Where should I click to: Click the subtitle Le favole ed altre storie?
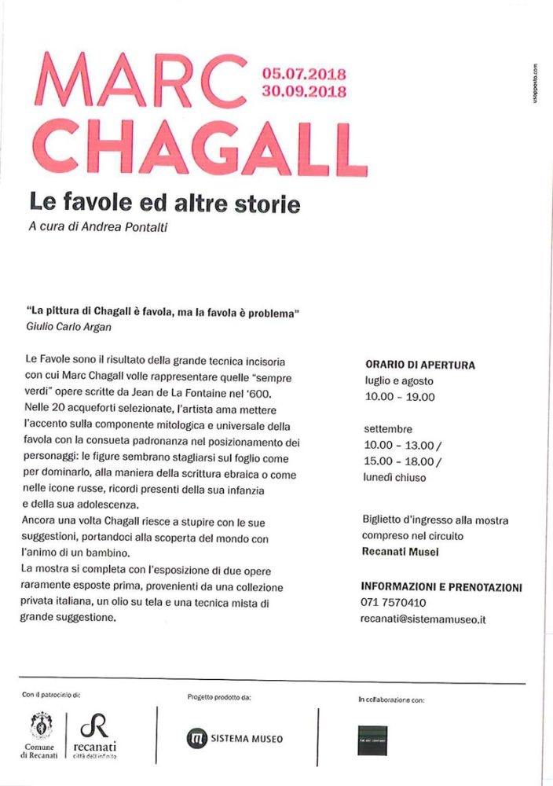click(164, 205)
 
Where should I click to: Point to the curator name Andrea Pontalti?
click(142, 229)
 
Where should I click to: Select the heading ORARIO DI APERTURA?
click(420, 365)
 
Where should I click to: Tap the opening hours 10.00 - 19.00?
click(399, 397)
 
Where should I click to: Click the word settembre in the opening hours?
click(387, 430)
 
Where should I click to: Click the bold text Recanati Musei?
click(400, 552)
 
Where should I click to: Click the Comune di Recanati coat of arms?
click(36, 724)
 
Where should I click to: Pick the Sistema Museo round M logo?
click(196, 739)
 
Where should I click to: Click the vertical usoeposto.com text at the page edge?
click(534, 85)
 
